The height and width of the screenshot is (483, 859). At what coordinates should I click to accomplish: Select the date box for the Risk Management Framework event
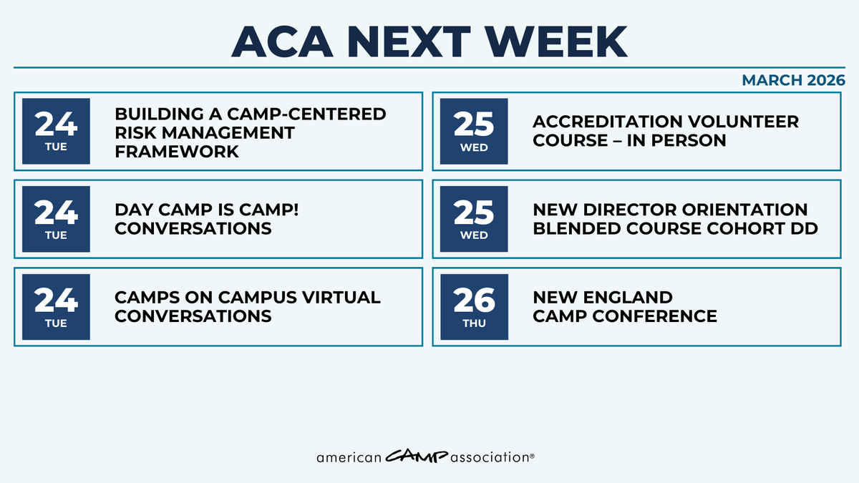[x=56, y=130]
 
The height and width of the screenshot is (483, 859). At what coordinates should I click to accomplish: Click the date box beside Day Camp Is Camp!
[x=56, y=218]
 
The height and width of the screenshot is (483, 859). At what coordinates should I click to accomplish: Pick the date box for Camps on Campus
[x=56, y=306]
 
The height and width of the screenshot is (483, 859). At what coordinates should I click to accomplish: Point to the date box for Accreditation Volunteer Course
[x=474, y=130]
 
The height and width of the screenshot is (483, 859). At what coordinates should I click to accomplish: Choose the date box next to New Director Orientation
[x=474, y=218]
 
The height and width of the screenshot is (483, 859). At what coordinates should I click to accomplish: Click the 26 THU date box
[x=474, y=306]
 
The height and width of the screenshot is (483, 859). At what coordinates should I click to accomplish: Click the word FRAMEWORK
[x=177, y=151]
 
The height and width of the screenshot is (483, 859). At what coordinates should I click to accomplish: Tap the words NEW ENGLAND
[x=602, y=298]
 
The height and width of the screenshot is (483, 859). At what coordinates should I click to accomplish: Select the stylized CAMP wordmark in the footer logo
[x=417, y=456]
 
